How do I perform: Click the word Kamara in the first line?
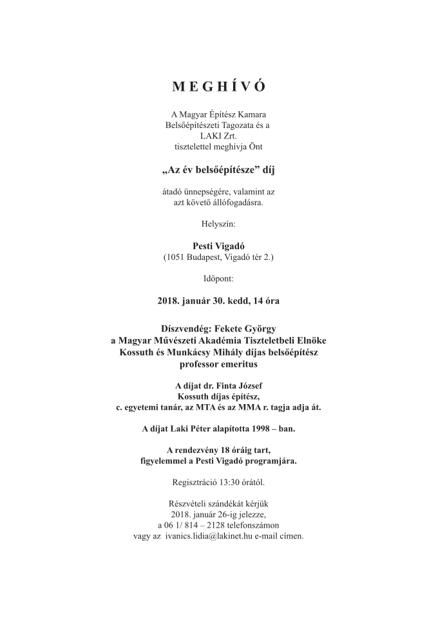coord(258,114)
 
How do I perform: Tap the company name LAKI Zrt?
coord(218,136)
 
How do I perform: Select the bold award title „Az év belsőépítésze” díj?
coord(218,171)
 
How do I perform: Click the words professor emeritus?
coord(218,364)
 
